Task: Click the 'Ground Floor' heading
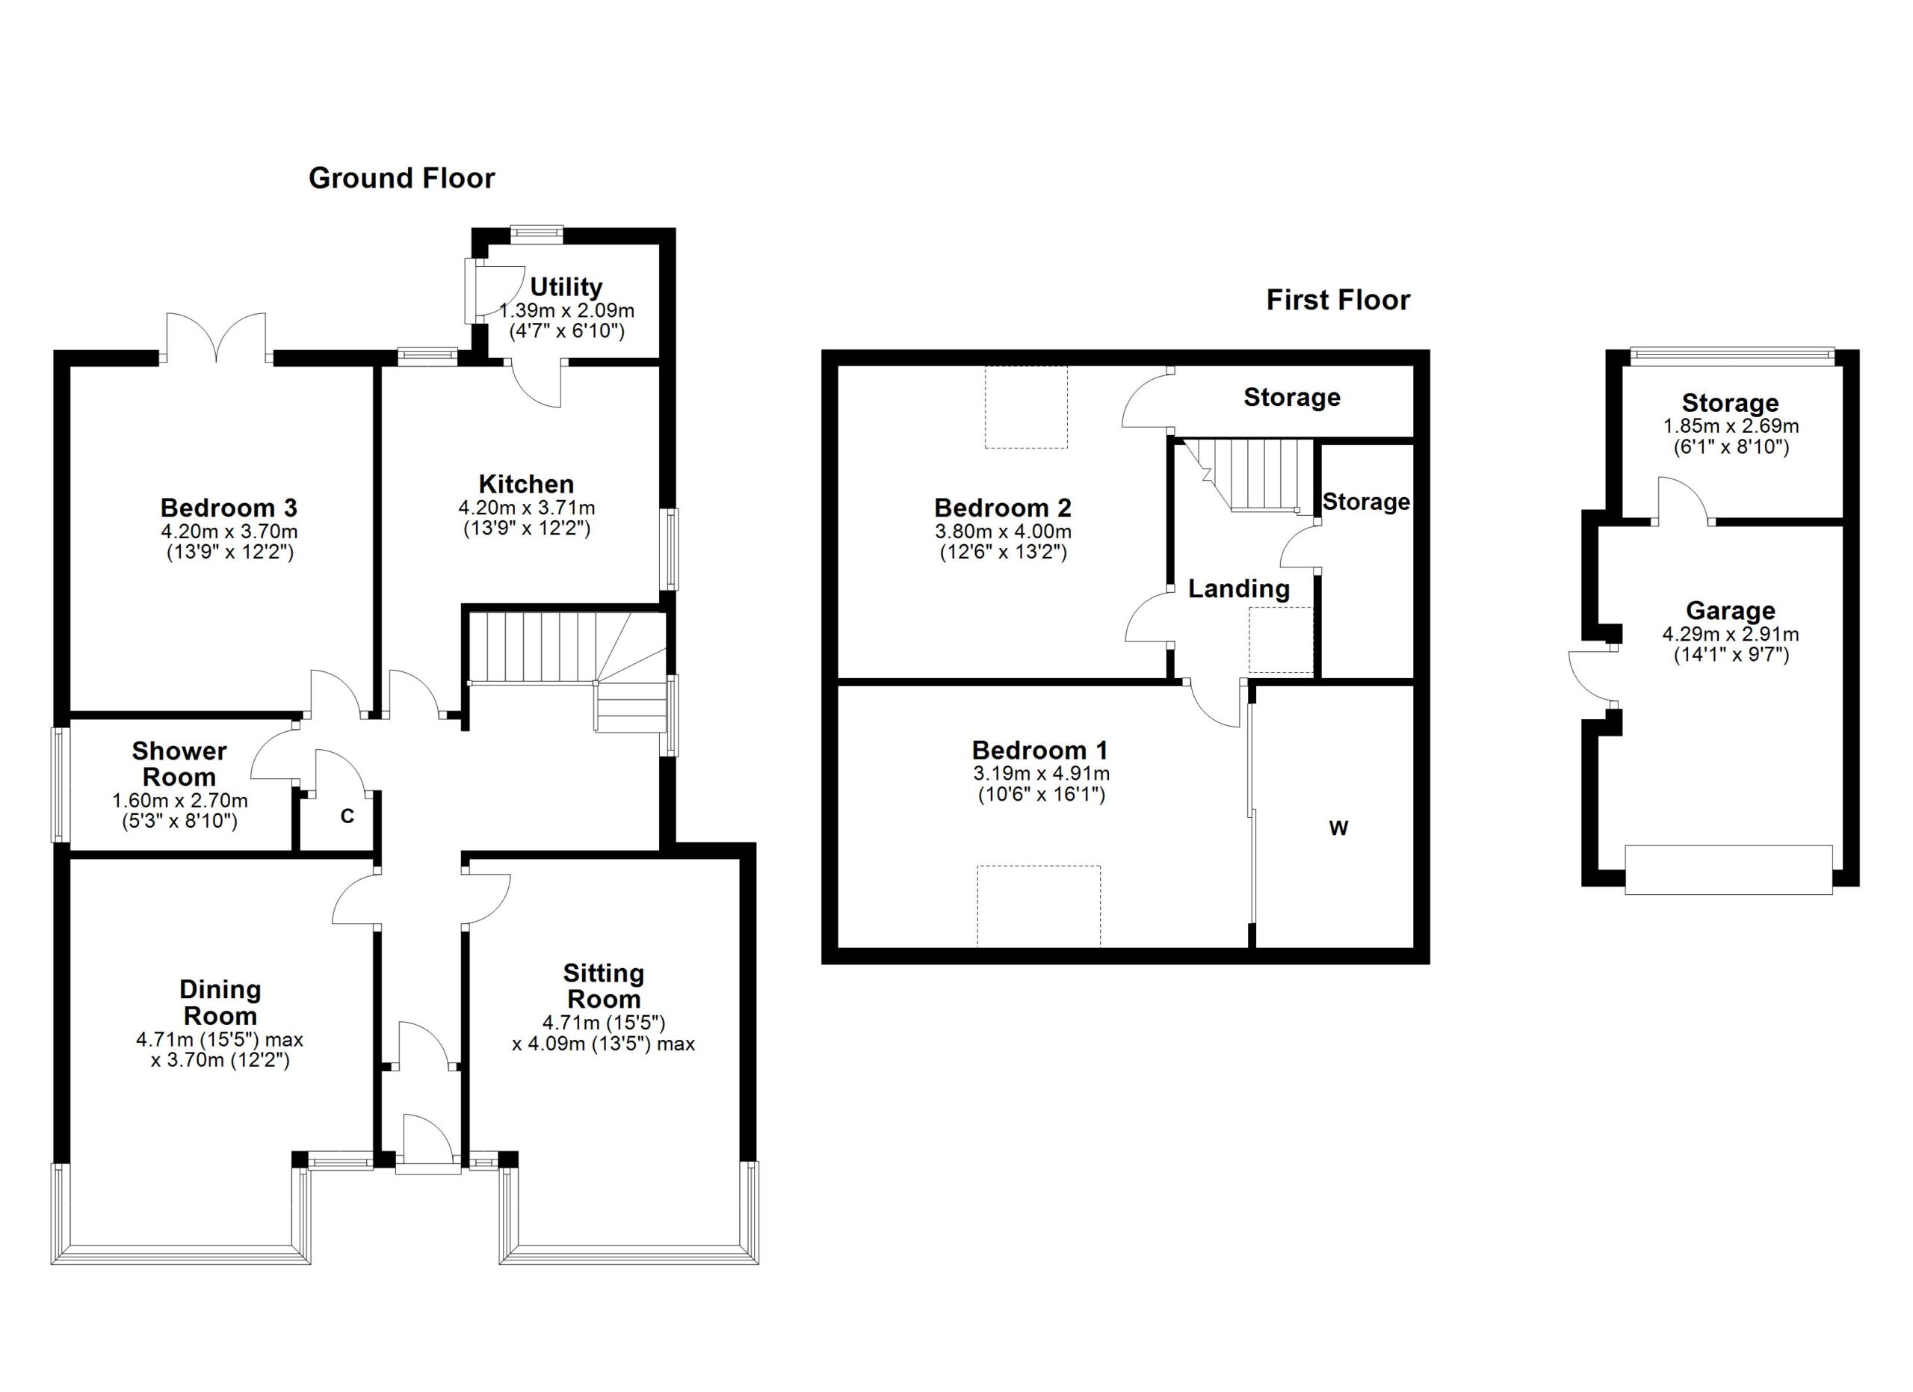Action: pos(401,178)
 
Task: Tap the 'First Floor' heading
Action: pos(1338,301)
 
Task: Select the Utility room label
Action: pos(566,287)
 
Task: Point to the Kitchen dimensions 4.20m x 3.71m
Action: pos(526,508)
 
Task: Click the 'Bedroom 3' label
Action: pos(229,508)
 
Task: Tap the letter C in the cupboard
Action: pos(347,816)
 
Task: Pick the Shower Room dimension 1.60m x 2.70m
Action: pos(179,801)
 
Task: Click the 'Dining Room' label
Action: pos(220,1003)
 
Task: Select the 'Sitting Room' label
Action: pos(604,986)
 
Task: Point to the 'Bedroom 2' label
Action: pos(1003,508)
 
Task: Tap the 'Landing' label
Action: pos(1239,589)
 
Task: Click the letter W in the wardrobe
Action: pos(1338,828)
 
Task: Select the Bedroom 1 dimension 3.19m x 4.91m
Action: pos(1042,774)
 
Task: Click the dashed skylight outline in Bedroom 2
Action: pos(1026,407)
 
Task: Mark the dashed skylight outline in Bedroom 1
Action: pos(1039,906)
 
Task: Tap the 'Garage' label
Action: pos(1730,610)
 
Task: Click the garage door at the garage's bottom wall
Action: pos(1728,869)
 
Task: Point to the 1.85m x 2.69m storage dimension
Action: pos(1731,426)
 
